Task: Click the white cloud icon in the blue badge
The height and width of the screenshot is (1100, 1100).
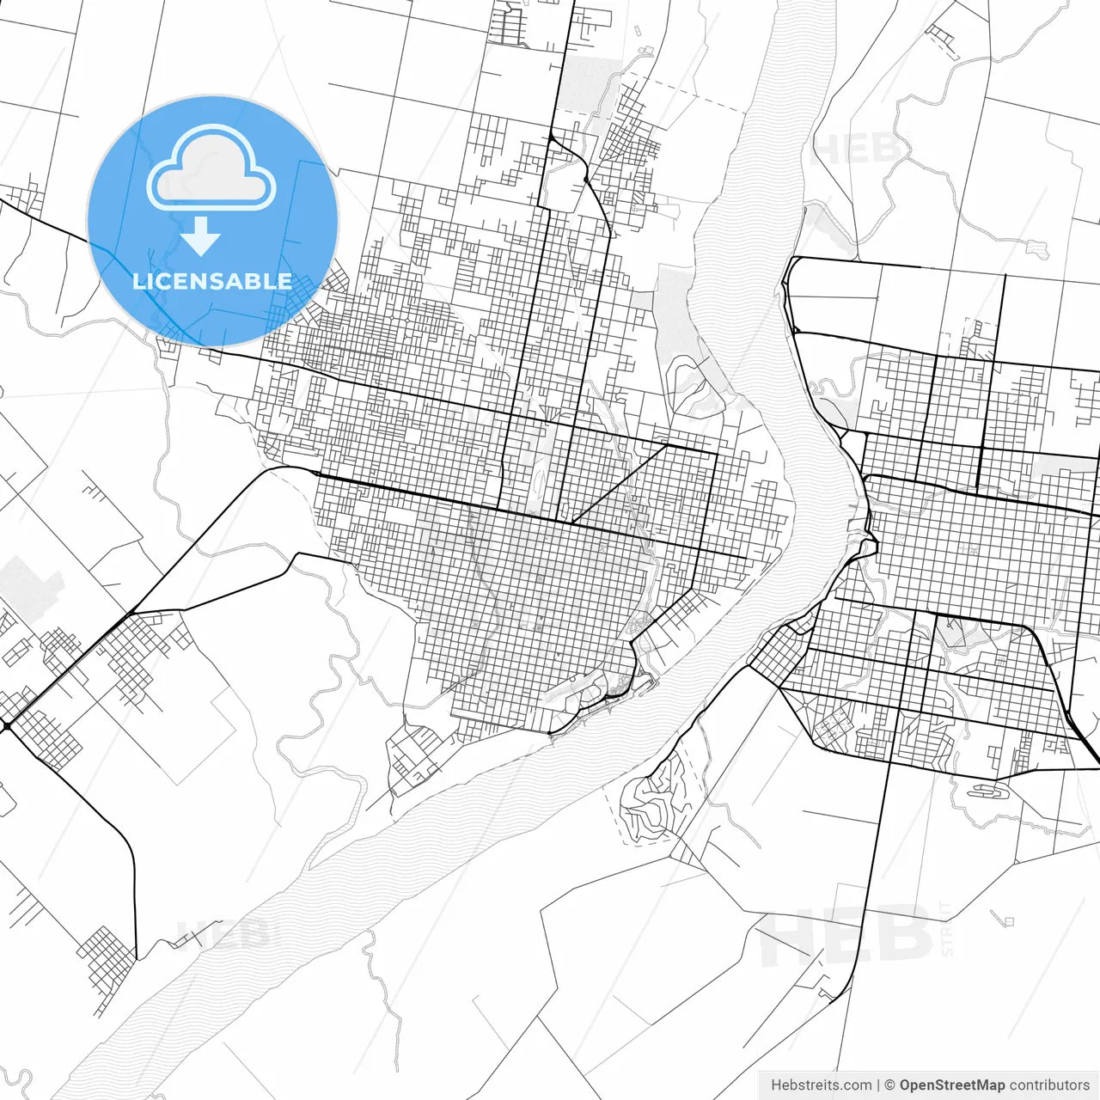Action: pos(211,168)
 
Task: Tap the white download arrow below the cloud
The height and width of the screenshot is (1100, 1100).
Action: pos(202,236)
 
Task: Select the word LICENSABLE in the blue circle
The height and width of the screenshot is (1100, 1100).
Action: pos(212,281)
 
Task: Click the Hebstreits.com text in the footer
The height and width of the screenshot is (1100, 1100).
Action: pos(821,1085)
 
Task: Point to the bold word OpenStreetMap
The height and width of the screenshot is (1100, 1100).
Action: pos(952,1085)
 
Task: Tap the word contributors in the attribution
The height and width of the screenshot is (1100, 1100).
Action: pos(1049,1085)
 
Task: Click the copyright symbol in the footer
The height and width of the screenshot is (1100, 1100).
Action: pos(890,1085)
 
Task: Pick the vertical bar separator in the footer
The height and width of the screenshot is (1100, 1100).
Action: pos(878,1085)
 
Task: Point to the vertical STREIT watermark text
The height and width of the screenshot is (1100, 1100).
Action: pos(948,928)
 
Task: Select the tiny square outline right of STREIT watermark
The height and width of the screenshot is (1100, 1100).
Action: pos(1009,921)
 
